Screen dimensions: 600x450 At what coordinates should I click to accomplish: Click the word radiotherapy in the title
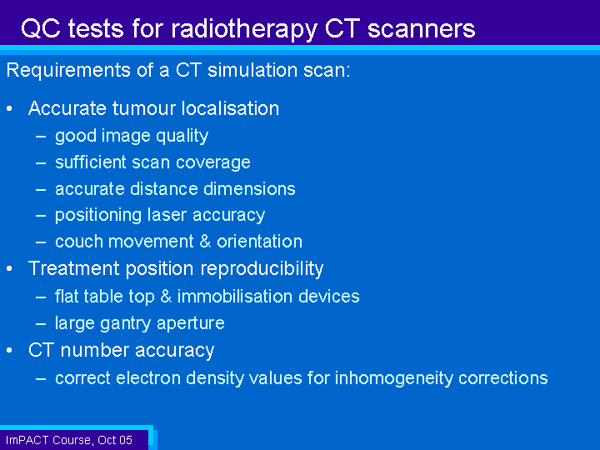coord(243,29)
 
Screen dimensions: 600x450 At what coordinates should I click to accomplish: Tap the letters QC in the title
coord(41,28)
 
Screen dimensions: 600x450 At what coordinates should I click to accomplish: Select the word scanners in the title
coord(421,28)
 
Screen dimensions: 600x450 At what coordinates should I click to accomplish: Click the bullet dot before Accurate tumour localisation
coord(9,109)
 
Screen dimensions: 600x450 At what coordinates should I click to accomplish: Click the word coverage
coord(213,163)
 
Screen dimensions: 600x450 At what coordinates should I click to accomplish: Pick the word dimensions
coord(249,188)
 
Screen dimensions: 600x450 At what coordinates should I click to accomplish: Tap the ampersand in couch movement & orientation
coord(205,242)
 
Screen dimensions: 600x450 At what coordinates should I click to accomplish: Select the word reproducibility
coord(262,268)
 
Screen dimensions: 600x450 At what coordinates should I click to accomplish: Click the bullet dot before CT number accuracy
coord(9,351)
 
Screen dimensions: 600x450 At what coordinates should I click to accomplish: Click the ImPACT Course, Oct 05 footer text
coord(69,440)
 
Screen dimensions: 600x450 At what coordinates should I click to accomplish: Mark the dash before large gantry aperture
coord(41,324)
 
